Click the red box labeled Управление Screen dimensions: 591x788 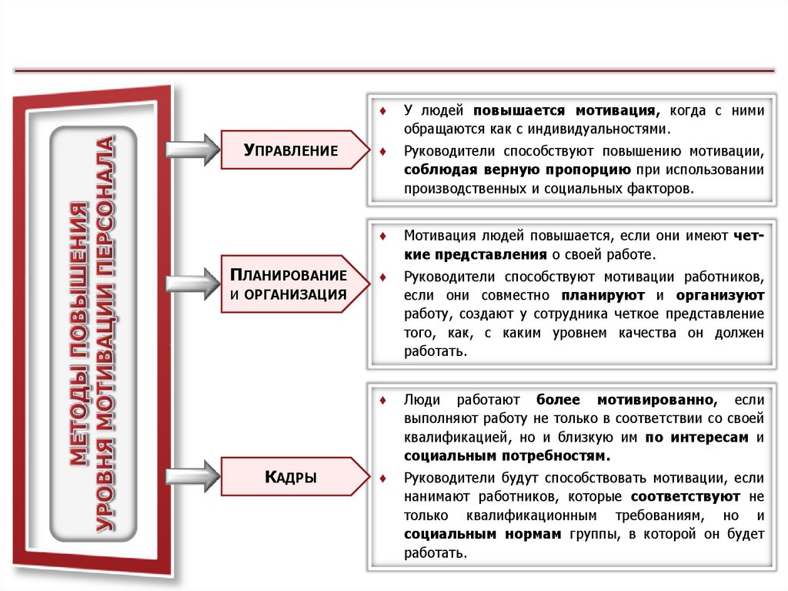[x=291, y=150]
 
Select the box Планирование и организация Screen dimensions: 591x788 [x=291, y=284]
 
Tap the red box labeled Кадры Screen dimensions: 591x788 [x=291, y=477]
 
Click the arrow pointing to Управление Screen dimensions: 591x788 [x=192, y=149]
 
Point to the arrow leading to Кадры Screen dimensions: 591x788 [x=192, y=476]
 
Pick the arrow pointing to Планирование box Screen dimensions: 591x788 [x=192, y=284]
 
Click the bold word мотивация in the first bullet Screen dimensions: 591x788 [x=612, y=110]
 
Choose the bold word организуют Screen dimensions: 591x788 [x=720, y=295]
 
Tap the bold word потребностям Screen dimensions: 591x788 [x=548, y=456]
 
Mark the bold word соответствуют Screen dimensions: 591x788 [x=685, y=495]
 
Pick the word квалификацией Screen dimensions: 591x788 [x=446, y=438]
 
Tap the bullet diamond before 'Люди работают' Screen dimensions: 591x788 [x=383, y=400]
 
